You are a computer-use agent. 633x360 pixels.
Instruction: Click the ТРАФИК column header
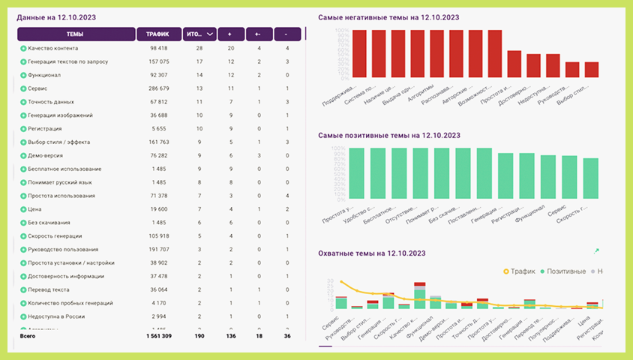157,34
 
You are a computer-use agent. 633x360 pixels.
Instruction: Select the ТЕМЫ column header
75,34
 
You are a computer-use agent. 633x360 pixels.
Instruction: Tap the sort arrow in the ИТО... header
209,34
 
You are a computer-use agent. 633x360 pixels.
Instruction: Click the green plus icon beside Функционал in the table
23,75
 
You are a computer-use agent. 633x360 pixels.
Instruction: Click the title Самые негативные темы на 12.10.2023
388,16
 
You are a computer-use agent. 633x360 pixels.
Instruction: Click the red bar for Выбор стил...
592,69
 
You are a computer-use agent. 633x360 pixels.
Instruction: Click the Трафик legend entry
518,270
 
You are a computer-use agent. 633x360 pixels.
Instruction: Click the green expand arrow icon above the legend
597,251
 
